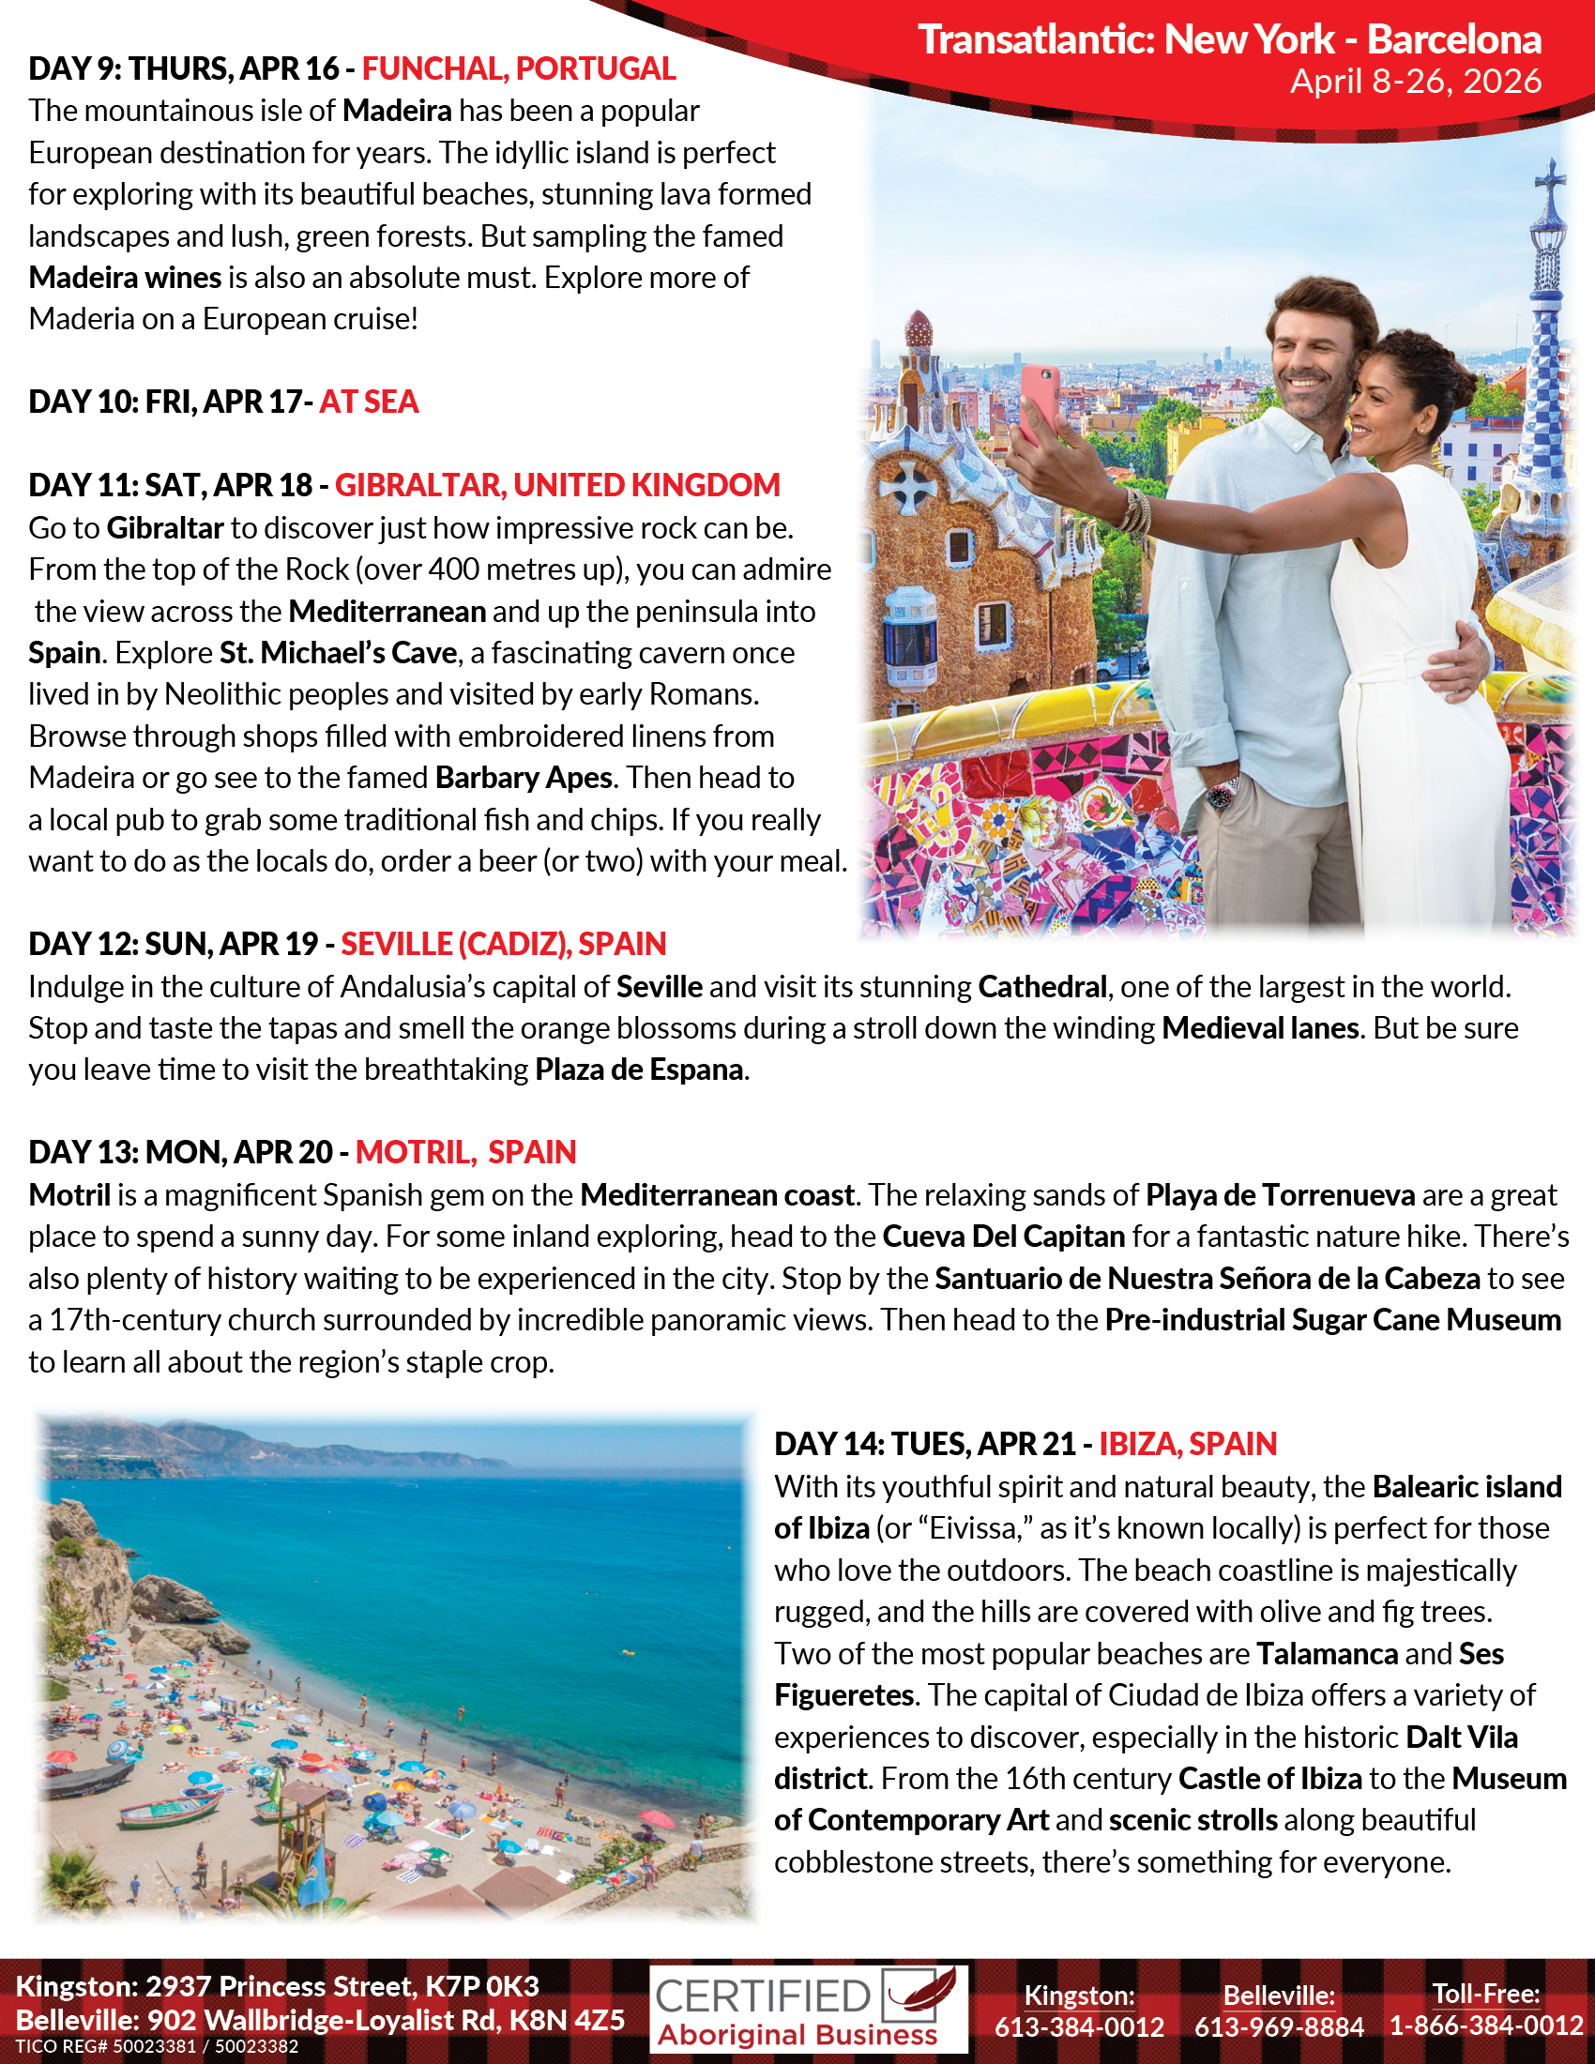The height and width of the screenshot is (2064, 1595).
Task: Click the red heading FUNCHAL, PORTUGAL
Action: point(519,69)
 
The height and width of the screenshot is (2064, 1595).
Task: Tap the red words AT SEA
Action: point(369,402)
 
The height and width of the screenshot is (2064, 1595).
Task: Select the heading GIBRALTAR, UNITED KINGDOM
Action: point(557,485)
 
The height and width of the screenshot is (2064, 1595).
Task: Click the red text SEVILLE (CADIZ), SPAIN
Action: point(504,944)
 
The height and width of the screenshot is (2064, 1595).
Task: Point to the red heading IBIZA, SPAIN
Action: point(1188,1444)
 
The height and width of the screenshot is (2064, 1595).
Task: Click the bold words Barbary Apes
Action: point(524,778)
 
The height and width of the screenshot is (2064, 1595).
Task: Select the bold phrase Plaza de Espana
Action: point(639,1070)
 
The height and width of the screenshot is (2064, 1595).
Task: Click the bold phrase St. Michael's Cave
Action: point(339,653)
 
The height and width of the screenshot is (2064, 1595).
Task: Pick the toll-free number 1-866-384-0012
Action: point(1486,2026)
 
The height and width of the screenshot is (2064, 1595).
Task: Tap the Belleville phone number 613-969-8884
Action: point(1279,2026)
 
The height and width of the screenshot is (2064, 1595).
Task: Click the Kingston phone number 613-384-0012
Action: point(1079,2026)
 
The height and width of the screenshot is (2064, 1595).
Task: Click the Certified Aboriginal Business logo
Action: point(808,2011)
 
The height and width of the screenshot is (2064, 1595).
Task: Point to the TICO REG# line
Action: point(157,2047)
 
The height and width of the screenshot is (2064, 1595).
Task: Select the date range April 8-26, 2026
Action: point(1416,83)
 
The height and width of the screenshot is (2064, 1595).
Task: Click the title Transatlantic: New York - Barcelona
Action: point(1229,39)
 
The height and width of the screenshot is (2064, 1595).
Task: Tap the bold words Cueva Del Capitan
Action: point(1004,1237)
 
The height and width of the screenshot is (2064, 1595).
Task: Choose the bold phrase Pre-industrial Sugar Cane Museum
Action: point(1332,1320)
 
